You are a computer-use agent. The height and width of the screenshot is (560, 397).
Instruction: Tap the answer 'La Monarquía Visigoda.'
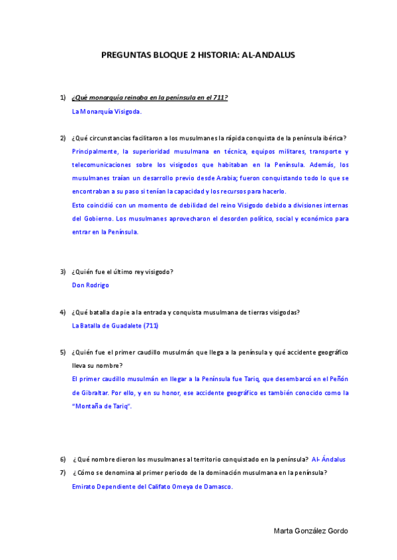(x=107, y=112)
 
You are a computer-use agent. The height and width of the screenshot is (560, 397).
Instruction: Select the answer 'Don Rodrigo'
(x=90, y=285)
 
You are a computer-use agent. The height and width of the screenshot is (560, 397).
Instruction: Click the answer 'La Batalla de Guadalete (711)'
(x=114, y=326)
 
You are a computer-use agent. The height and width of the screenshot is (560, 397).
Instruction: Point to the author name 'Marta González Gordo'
(x=311, y=532)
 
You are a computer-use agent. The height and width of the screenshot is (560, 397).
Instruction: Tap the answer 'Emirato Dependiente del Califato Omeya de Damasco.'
(x=152, y=487)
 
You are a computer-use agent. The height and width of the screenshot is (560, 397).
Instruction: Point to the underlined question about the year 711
(x=150, y=98)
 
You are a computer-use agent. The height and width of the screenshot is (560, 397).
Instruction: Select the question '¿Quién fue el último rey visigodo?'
(x=122, y=271)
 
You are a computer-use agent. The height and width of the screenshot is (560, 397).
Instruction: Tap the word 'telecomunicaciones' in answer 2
(x=100, y=164)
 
